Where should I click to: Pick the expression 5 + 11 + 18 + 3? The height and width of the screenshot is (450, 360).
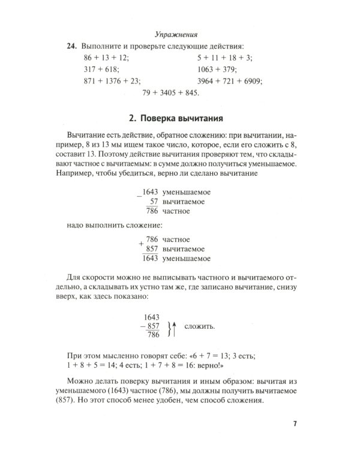(x=226, y=58)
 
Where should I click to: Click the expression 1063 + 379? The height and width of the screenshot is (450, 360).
(x=217, y=70)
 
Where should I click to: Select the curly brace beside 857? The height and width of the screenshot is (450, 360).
(x=167, y=327)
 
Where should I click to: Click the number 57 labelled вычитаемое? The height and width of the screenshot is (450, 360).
(x=154, y=202)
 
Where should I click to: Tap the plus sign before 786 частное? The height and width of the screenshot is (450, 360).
(x=140, y=244)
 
